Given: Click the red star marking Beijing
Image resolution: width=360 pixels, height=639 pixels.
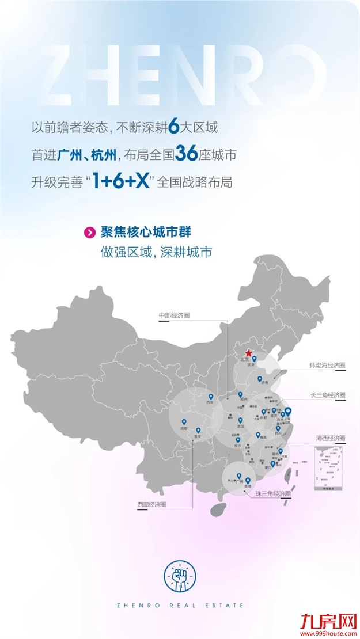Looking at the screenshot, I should tap(248, 353).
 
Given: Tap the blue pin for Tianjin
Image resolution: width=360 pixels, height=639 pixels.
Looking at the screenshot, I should tap(255, 359).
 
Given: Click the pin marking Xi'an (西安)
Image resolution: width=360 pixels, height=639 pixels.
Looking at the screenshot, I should tap(210, 397).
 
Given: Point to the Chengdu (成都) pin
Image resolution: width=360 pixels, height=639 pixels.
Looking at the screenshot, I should tap(184, 421).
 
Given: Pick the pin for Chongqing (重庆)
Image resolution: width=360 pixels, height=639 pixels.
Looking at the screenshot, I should tap(199, 429).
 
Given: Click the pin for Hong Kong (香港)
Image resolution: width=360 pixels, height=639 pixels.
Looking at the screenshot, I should tap(248, 481).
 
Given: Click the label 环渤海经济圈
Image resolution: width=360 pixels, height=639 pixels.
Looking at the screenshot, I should tap(327, 365).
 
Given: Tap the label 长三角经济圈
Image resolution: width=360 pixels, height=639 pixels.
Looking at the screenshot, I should tap(327, 395).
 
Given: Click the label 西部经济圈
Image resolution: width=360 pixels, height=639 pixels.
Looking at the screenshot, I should tap(151, 504).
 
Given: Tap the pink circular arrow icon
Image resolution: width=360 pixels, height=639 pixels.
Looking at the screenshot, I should tap(90, 233).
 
